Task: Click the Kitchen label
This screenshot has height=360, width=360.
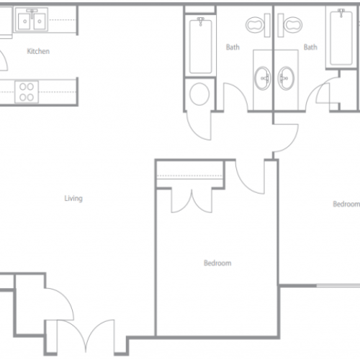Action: click(38, 51)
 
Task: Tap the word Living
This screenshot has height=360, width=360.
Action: click(73, 198)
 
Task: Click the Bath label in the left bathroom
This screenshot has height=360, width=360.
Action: click(233, 47)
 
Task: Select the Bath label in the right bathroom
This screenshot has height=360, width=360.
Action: click(310, 47)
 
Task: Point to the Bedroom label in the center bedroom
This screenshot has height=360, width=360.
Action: click(217, 263)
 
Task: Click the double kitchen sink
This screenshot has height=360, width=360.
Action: click(32, 20)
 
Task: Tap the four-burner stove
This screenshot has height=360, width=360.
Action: click(27, 92)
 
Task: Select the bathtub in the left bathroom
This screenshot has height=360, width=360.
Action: click(200, 46)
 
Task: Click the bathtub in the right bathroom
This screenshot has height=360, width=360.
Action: click(341, 37)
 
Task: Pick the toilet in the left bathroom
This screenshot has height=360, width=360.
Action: click(258, 25)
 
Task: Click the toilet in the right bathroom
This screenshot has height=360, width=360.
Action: click(290, 25)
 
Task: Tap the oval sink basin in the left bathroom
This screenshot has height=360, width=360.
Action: click(262, 78)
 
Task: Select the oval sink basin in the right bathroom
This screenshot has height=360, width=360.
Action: click(286, 78)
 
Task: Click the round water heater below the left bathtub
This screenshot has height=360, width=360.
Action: click(199, 94)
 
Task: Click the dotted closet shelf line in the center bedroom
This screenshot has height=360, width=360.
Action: click(189, 176)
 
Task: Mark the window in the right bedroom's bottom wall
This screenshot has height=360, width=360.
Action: click(338, 286)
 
